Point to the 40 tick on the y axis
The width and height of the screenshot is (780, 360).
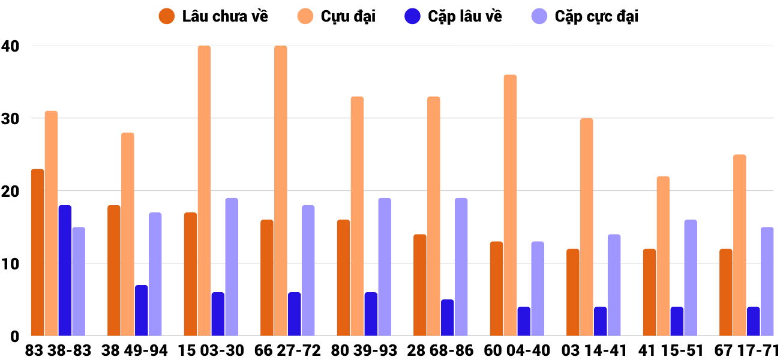coord(10,46)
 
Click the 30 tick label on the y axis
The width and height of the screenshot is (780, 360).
coord(10,119)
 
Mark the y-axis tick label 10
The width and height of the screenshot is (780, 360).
coord(10,264)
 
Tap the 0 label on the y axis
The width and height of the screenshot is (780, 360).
coord(14,337)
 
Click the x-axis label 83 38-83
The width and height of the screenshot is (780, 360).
coord(58,350)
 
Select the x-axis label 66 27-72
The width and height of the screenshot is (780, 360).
coord(287,350)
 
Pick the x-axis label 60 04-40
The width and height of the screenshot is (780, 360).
coord(517,350)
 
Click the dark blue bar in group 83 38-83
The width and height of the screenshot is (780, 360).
coord(65,271)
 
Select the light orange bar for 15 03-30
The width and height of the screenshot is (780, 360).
coord(204,191)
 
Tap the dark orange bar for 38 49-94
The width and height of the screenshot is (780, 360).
coord(113,271)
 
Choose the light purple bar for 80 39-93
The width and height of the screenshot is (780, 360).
coord(385,267)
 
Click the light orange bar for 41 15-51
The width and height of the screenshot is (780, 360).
coord(663,256)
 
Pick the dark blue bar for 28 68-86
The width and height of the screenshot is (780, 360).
coord(447,317)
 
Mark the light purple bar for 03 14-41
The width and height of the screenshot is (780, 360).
coord(614,285)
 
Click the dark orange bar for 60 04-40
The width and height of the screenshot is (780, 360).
coord(496,289)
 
